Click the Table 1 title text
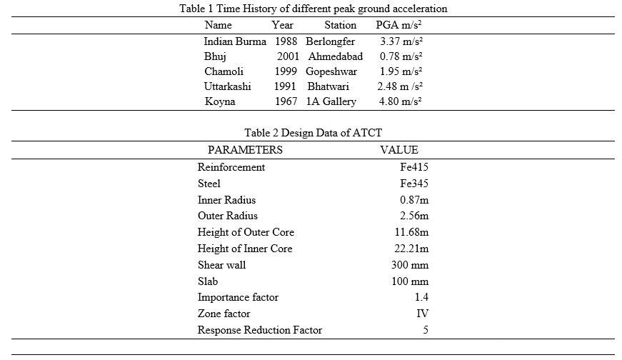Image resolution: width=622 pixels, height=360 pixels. [313, 9]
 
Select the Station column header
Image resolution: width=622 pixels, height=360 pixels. [341, 25]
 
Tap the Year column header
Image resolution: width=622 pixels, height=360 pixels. [283, 25]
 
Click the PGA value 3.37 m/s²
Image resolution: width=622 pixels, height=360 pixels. [401, 41]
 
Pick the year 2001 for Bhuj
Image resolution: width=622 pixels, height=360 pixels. [288, 56]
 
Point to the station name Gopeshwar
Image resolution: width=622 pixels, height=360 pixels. [331, 71]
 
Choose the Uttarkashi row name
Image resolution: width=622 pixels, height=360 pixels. [227, 86]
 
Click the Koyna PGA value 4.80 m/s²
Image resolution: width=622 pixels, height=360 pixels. [400, 101]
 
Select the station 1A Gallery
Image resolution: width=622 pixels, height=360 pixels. [331, 101]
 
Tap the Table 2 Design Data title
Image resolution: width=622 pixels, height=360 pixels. [313, 133]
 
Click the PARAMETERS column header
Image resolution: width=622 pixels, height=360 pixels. [245, 150]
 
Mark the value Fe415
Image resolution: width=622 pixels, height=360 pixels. [414, 167]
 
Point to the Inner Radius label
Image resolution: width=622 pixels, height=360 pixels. [226, 200]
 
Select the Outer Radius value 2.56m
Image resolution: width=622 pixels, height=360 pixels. [414, 216]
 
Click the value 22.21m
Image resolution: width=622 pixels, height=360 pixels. [411, 249]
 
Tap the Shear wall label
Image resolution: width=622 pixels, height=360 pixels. [222, 265]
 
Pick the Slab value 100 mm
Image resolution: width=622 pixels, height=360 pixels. [410, 281]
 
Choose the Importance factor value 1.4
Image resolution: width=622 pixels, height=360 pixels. [421, 297]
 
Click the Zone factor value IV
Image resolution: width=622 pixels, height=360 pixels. [423, 314]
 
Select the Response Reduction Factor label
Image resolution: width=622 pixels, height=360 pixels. [260, 330]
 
